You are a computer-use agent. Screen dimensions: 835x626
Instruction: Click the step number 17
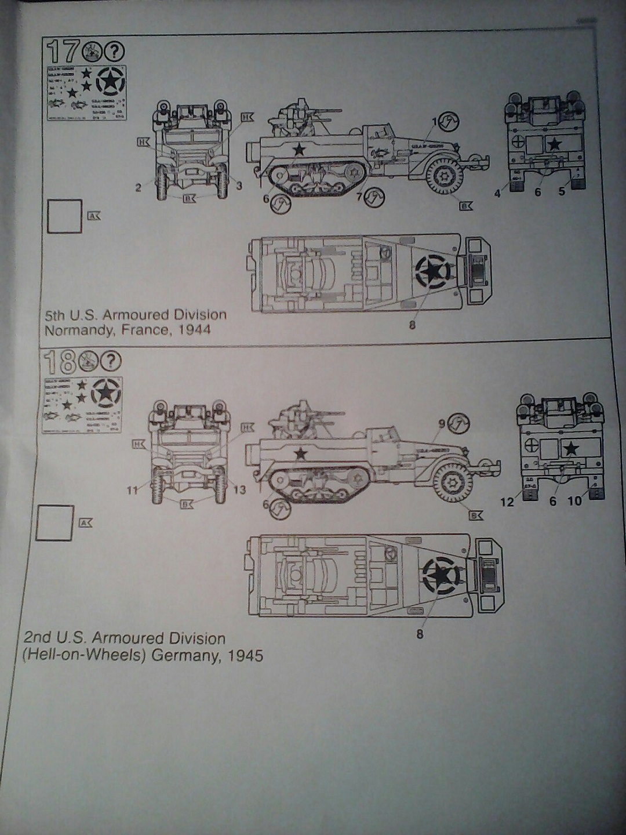click(62, 52)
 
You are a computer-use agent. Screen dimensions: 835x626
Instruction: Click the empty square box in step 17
click(64, 216)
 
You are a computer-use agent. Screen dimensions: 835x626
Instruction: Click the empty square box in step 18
click(54, 523)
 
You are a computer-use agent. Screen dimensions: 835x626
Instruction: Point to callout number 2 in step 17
click(139, 188)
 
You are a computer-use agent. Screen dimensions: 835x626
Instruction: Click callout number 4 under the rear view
click(497, 194)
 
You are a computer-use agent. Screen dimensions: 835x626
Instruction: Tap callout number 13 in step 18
click(239, 491)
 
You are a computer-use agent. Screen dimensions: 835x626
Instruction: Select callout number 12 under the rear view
click(507, 502)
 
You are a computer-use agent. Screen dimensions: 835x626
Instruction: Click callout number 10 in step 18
click(574, 502)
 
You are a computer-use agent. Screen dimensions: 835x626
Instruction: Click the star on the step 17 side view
click(299, 150)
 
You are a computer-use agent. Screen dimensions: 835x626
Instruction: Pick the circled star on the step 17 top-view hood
click(431, 271)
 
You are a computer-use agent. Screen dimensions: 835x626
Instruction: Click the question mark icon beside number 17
click(115, 52)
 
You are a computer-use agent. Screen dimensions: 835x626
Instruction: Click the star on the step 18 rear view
click(572, 448)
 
